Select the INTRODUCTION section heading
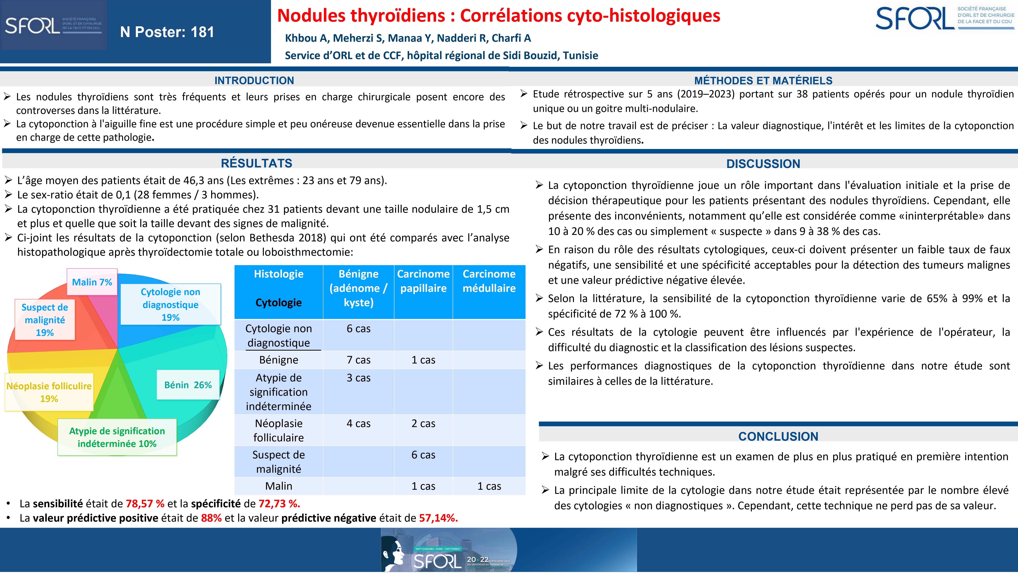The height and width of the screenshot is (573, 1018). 254,81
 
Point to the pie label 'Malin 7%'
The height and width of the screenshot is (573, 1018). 92,282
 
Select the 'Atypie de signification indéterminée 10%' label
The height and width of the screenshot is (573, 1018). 117,437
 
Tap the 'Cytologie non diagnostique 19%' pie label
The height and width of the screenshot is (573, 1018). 170,304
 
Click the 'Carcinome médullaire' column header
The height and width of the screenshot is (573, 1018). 489,281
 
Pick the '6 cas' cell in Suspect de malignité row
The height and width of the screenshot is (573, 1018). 423,455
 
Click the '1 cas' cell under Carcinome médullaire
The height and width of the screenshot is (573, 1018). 489,486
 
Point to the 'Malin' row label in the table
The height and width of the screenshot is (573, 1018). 279,486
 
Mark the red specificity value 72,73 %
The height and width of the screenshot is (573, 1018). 279,504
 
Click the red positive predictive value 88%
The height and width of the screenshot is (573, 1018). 211,518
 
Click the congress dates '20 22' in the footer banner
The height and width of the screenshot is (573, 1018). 478,560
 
